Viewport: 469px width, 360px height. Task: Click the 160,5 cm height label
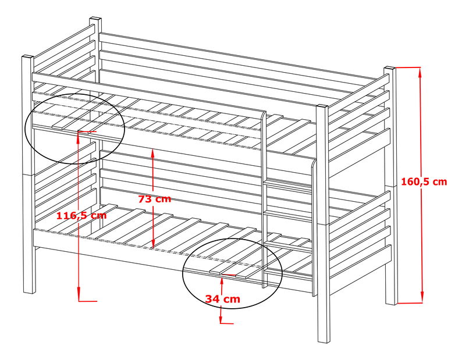(x=424, y=181)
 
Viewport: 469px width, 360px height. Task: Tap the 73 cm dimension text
(x=155, y=199)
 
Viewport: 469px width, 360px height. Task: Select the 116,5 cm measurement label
(x=81, y=215)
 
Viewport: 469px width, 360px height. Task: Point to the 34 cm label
(x=222, y=299)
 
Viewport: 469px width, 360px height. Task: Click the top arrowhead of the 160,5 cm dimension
(x=421, y=72)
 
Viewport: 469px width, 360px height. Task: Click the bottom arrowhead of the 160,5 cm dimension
(x=422, y=298)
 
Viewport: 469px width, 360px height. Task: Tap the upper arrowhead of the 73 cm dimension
(x=152, y=152)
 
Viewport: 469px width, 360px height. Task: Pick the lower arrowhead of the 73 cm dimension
(x=153, y=244)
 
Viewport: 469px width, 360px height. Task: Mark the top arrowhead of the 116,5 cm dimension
(x=78, y=135)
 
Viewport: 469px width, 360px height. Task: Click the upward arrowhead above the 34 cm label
(x=222, y=281)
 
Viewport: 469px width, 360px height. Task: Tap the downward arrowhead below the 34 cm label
(x=221, y=317)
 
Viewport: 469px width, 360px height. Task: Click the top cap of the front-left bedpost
(x=27, y=57)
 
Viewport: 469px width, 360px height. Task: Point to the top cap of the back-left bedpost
(x=95, y=19)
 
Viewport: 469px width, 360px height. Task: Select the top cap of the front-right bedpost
(x=322, y=106)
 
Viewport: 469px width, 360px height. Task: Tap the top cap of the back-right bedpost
(x=390, y=69)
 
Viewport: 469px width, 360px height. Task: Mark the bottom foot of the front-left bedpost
(x=29, y=291)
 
